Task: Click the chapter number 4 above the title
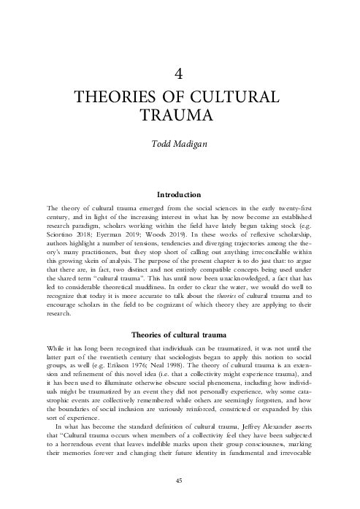pos(180,72)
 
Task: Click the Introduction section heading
pos(180,195)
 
